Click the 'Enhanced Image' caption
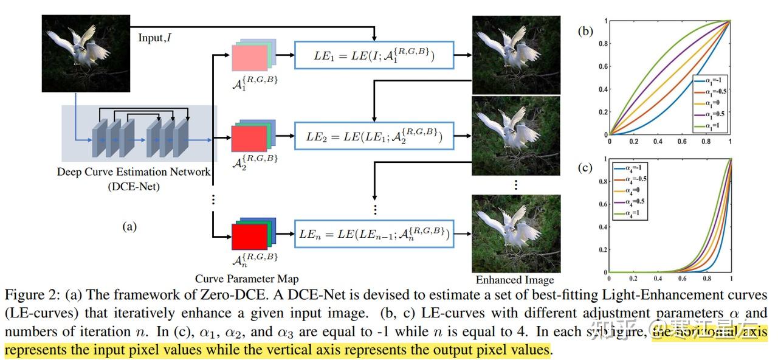point(515,280)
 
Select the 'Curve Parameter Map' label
point(247,279)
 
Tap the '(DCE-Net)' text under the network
point(134,186)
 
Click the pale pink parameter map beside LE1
point(249,58)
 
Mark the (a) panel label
point(129,226)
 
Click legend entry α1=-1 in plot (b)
point(710,80)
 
